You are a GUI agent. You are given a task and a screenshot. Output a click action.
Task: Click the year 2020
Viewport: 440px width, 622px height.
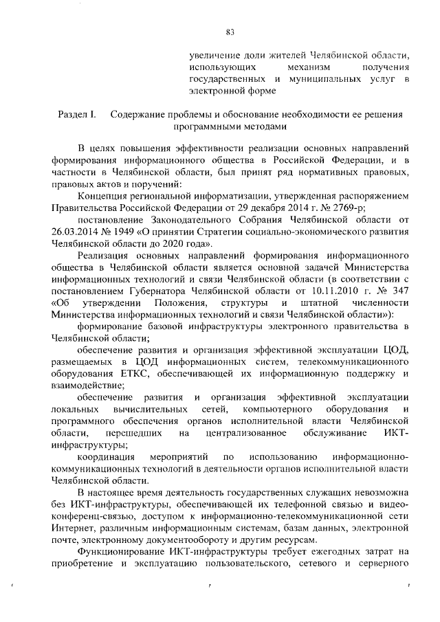click(169, 243)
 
